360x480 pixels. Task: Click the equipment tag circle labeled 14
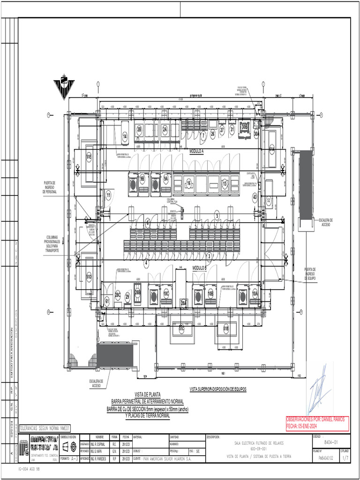click(x=125, y=136)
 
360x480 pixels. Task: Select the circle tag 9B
click(x=142, y=179)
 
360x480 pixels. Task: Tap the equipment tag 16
click(x=188, y=183)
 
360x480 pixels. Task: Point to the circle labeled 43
click(x=255, y=197)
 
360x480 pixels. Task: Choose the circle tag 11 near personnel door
click(x=108, y=195)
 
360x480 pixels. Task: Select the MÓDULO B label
click(x=200, y=268)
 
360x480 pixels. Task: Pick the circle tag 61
click(x=107, y=301)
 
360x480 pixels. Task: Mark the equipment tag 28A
click(x=184, y=303)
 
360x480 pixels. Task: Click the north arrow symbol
click(x=63, y=85)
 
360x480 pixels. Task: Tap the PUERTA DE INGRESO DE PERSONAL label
click(x=49, y=187)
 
